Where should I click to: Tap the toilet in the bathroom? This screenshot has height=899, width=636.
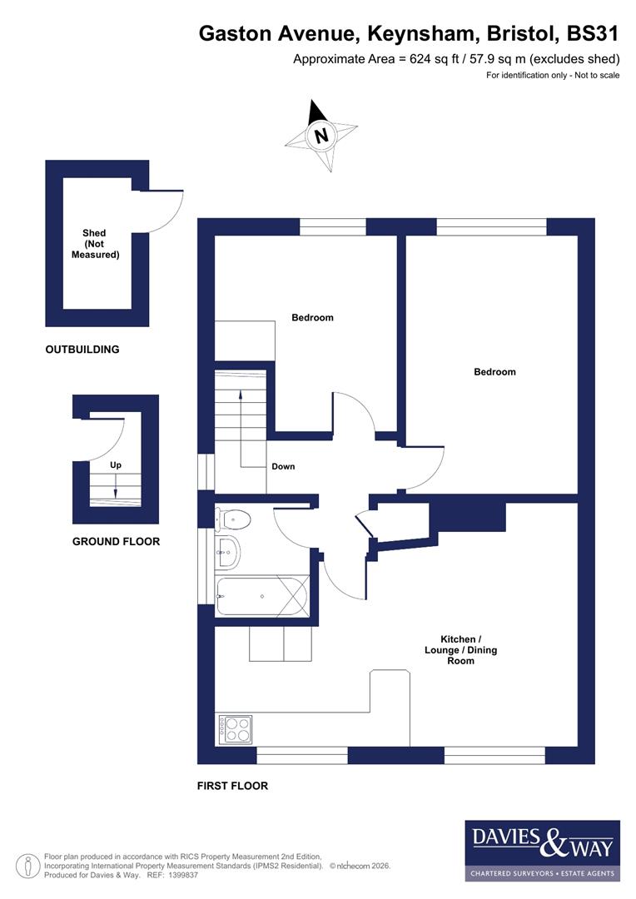[233, 519]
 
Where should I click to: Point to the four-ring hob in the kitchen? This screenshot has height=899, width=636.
[236, 730]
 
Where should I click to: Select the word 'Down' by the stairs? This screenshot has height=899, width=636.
[283, 466]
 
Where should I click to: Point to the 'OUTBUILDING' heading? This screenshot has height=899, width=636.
[82, 350]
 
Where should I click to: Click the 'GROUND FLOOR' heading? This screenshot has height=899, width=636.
[116, 541]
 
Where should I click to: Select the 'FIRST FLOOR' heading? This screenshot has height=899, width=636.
[232, 786]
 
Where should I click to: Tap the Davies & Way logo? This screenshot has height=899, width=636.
[542, 850]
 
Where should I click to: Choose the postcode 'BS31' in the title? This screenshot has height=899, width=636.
[592, 34]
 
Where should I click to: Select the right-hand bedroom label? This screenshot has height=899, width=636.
[494, 372]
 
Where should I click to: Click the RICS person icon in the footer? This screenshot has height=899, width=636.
[30, 864]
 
